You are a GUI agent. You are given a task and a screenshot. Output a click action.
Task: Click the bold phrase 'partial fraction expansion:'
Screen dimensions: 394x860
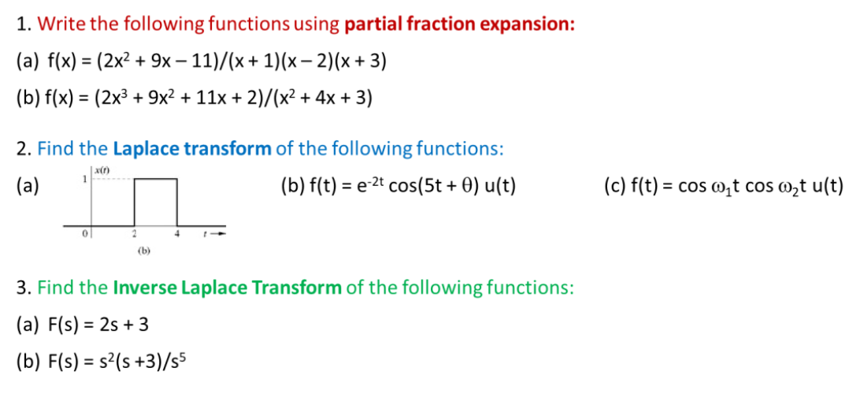coord(459,24)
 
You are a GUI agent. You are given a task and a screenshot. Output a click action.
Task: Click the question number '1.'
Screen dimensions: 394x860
coord(24,24)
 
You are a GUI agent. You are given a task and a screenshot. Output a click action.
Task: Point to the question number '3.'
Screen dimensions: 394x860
coord(24,287)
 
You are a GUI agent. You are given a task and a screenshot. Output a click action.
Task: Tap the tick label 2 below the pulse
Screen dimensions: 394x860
coord(135,233)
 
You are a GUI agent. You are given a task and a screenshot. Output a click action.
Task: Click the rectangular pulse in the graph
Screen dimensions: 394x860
coord(156,202)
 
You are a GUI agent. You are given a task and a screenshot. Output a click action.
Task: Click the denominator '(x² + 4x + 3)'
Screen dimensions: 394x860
coord(317,98)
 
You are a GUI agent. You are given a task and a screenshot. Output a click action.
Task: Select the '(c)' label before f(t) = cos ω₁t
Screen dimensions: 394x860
coord(614,187)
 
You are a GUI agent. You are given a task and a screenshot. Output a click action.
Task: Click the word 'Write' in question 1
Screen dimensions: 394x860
coord(62,24)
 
